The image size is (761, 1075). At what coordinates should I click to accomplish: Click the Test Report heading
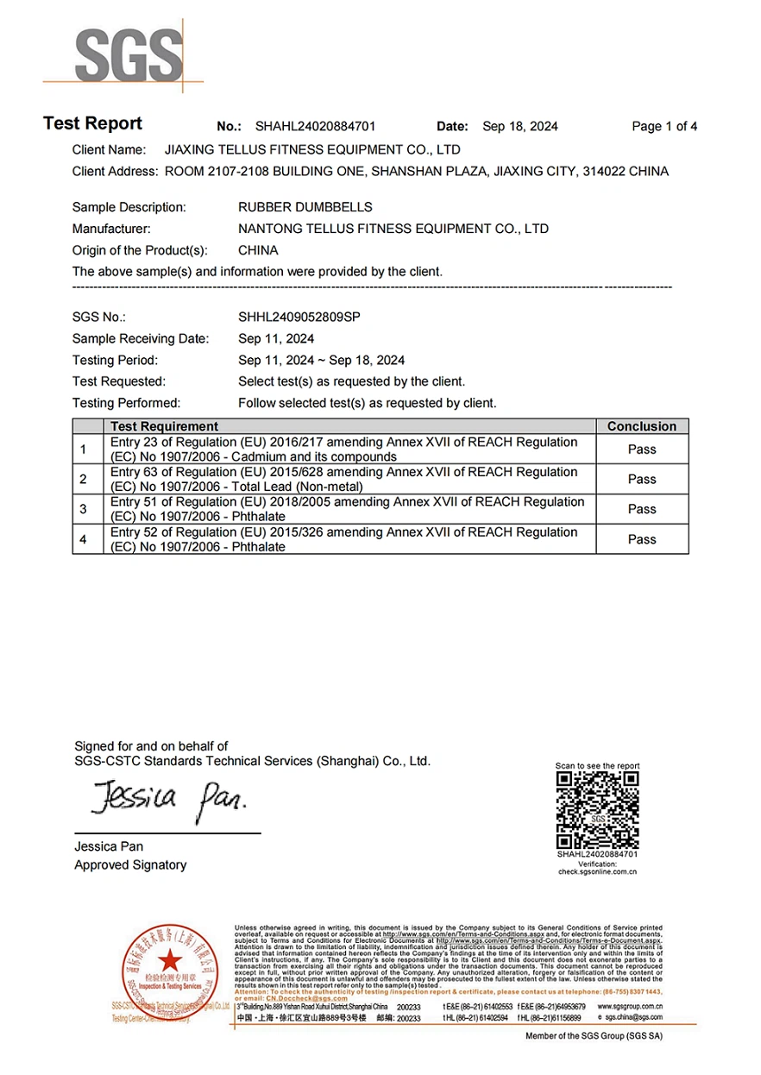(x=92, y=124)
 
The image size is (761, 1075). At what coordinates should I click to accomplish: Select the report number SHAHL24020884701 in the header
(x=316, y=127)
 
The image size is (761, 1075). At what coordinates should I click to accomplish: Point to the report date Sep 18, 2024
(x=520, y=127)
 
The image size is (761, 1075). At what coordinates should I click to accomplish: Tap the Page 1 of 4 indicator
(x=664, y=127)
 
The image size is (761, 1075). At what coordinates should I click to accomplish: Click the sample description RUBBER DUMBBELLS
(x=305, y=207)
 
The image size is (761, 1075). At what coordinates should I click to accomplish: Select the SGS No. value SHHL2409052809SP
(x=299, y=317)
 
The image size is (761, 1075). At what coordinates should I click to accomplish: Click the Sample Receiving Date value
(x=276, y=338)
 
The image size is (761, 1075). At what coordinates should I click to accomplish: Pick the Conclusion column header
(x=642, y=426)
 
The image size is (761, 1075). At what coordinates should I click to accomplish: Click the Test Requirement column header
(x=164, y=426)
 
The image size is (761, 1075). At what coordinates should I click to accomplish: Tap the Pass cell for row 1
(x=642, y=449)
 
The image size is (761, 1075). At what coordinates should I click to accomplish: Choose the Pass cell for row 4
(x=642, y=539)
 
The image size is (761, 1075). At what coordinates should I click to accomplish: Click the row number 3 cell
(x=84, y=509)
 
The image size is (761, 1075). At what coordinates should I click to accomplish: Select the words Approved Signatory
(x=130, y=864)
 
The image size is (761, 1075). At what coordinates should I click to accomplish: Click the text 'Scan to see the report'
(x=597, y=765)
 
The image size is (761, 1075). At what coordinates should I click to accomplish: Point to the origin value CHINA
(x=258, y=250)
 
